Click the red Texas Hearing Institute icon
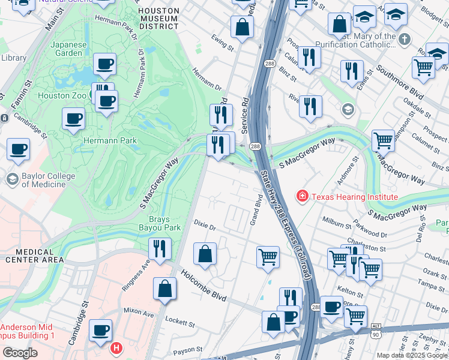coord(303,196)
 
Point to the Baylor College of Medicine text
coord(48,180)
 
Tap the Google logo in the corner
coord(20,353)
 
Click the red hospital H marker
coord(116,347)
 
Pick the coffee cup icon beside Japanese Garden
coord(104,64)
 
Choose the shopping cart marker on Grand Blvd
coord(268,257)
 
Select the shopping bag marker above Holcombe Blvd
coord(205,253)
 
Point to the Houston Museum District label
coord(158,19)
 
